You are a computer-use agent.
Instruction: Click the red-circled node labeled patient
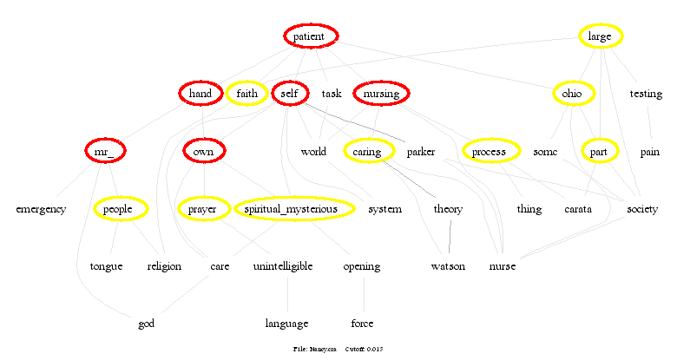(x=310, y=36)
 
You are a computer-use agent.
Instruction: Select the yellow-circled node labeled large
(x=600, y=36)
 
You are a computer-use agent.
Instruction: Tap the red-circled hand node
(x=200, y=94)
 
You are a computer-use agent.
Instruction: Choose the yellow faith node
(x=246, y=94)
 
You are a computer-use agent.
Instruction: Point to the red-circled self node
(x=290, y=94)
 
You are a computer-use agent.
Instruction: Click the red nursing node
(x=381, y=94)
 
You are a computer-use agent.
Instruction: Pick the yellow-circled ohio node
(x=572, y=94)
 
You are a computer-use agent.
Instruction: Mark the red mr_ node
(x=106, y=152)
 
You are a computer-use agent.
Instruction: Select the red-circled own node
(x=204, y=152)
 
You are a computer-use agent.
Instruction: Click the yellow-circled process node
(x=490, y=152)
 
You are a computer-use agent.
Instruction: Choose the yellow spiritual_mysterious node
(x=294, y=209)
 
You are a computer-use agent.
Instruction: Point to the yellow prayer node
(x=203, y=209)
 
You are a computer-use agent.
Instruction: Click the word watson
(x=449, y=266)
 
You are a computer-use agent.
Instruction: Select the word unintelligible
(x=283, y=266)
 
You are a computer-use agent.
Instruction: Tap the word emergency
(x=41, y=209)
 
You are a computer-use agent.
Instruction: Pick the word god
(x=147, y=324)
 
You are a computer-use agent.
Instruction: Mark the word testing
(x=646, y=94)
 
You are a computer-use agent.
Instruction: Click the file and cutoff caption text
(x=338, y=349)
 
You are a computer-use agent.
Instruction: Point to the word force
(x=363, y=324)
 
